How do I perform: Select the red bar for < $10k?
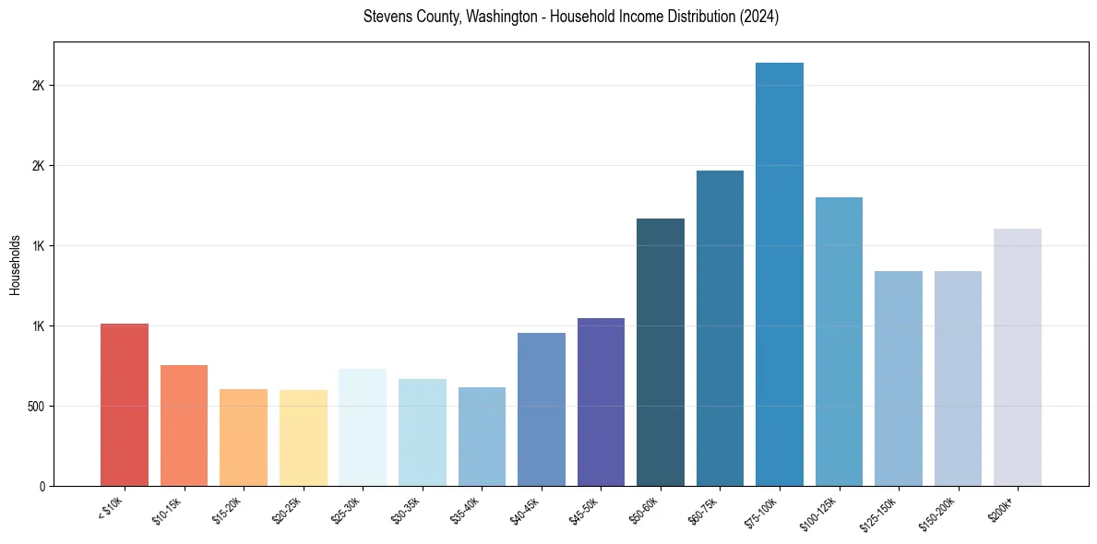pos(125,405)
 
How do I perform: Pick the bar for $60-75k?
pos(720,328)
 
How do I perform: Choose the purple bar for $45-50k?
pos(601,402)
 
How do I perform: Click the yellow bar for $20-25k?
pos(304,438)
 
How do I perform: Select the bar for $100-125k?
pos(839,341)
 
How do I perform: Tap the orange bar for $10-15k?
pos(184,425)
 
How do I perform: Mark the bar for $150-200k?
pos(958,378)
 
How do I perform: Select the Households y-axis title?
pos(15,265)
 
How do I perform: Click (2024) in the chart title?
pos(759,18)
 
